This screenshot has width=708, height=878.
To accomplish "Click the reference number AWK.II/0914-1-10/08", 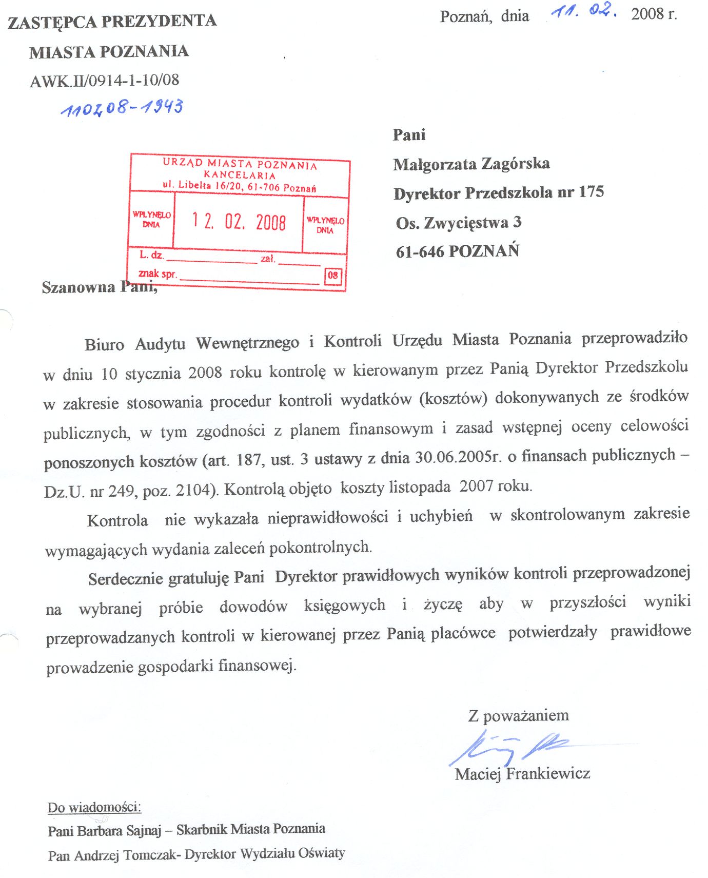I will pos(105,81).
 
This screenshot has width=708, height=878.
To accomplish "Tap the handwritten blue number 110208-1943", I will pos(122,107).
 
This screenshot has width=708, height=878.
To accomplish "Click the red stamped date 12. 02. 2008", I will pos(239,222).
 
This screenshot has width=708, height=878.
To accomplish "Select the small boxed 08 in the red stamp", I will pos(333,276).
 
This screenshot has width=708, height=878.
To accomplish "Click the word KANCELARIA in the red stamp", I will pos(240,175).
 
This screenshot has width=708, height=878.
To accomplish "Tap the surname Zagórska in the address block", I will pos(516,164).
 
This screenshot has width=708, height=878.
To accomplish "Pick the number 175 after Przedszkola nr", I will pos(592,192).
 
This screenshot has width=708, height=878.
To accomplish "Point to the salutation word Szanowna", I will pos(78,287).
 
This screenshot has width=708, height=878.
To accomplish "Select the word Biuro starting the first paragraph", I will pos(104,344).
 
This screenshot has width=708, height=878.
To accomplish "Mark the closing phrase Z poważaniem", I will pos(518,715).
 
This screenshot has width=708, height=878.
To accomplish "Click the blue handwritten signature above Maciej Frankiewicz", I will pos(508,747).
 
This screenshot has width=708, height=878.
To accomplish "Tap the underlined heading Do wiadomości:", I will pos(94,808).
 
